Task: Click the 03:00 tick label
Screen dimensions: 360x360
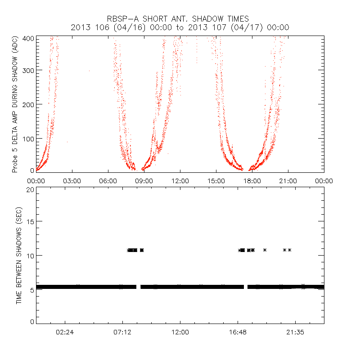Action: (x=72, y=180)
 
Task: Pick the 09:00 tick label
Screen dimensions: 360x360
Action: (x=144, y=180)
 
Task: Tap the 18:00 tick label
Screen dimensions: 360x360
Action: (x=252, y=180)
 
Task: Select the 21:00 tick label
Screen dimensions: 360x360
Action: (x=288, y=180)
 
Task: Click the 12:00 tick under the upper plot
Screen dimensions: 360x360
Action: (x=180, y=180)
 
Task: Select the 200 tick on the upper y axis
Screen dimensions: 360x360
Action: (x=28, y=104)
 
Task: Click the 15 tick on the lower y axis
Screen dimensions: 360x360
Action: (x=30, y=222)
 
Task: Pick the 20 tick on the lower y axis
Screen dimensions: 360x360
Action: (x=30, y=189)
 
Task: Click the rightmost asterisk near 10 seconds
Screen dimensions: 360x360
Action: (x=290, y=250)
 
